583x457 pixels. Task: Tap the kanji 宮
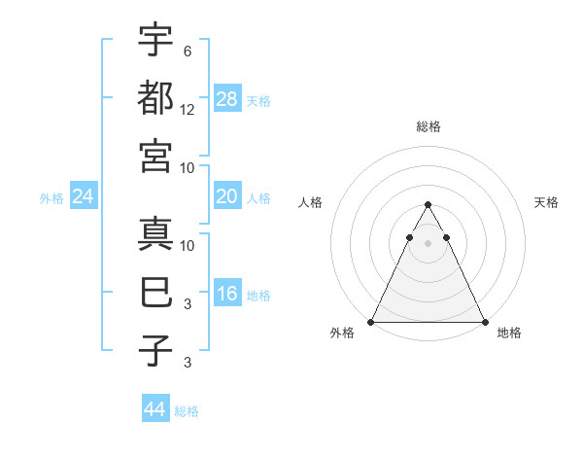pos(155,156)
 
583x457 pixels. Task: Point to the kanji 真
pos(155,233)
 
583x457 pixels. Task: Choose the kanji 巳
pos(155,292)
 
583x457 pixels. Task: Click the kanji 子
pos(155,350)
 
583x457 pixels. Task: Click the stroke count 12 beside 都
pos(188,110)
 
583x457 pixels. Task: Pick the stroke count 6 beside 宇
pos(188,52)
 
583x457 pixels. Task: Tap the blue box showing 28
pos(227,98)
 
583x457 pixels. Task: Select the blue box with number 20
pos(227,197)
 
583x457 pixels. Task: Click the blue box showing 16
pos(227,295)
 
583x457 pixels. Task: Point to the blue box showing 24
pos(84,197)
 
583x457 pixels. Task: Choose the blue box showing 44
pos(155,409)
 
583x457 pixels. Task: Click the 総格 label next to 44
pos(187,411)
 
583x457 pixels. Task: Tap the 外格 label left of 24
pos(51,198)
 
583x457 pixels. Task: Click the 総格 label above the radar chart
pos(429,126)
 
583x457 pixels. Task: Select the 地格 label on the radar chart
pos(509,334)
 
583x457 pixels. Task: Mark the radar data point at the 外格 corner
pos(371,322)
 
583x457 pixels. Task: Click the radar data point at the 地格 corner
pos(485,322)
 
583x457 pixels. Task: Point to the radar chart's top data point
pos(428,205)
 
